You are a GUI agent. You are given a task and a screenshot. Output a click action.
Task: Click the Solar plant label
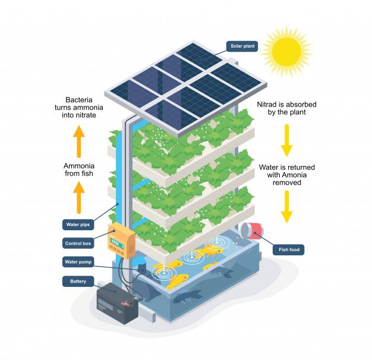click(242, 46)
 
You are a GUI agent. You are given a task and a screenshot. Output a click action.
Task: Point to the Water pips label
click(77, 224)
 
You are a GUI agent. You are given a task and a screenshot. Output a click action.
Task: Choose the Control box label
click(78, 243)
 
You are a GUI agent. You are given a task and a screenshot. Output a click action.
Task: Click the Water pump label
click(78, 261)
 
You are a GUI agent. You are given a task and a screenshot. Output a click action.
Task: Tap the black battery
click(117, 302)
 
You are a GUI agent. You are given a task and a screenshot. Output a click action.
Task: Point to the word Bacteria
click(80, 100)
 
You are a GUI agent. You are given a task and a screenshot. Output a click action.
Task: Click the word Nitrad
click(270, 104)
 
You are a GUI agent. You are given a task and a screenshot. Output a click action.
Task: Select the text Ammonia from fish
click(80, 170)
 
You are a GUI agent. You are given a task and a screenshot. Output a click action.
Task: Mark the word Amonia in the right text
click(303, 176)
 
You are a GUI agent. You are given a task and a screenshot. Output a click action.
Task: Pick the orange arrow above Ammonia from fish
click(80, 141)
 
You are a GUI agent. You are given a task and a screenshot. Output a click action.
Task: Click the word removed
click(286, 183)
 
